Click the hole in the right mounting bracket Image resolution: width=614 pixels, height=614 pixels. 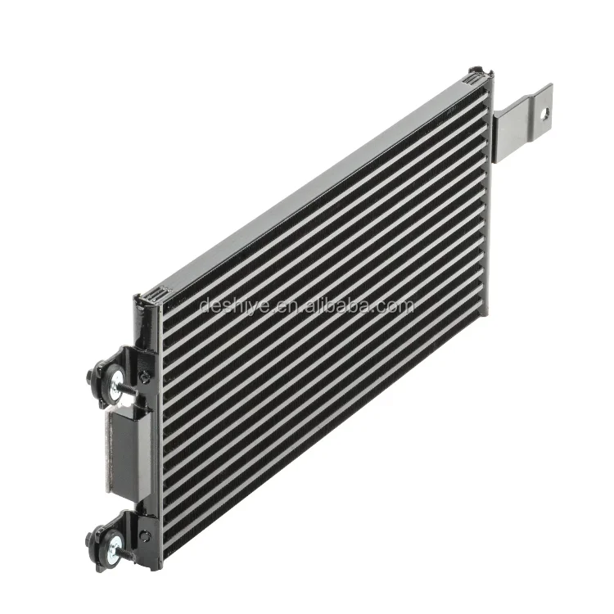tap(544, 115)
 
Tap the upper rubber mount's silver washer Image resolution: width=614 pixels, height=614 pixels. tap(116, 379)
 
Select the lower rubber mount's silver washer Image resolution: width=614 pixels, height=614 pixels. tap(116, 544)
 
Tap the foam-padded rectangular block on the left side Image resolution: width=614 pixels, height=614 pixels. tap(128, 454)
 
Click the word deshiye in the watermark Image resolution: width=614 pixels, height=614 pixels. tap(234, 305)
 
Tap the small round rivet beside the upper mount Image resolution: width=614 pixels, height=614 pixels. tap(144, 377)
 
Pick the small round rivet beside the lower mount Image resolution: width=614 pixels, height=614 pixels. tap(144, 536)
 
